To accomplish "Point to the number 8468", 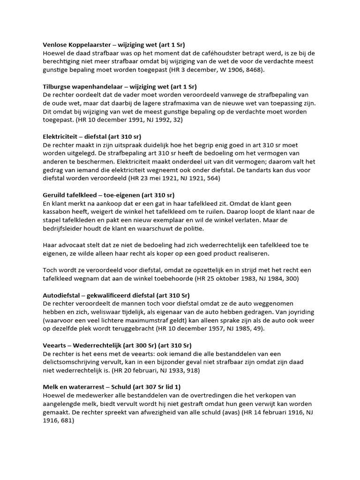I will tap(253, 70).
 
